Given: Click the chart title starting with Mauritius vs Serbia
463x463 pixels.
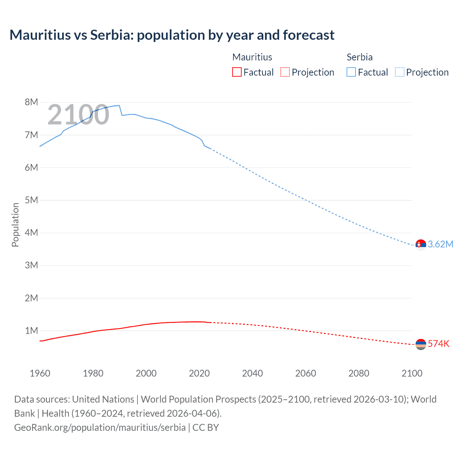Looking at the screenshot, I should pyautogui.click(x=172, y=35).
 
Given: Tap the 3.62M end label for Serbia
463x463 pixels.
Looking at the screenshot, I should pyautogui.click(x=440, y=244).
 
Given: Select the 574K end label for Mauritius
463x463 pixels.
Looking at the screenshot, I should pyautogui.click(x=438, y=344).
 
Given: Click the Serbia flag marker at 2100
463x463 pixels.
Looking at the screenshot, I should pyautogui.click(x=421, y=245).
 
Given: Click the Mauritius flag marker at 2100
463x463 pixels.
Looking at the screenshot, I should pyautogui.click(x=421, y=344).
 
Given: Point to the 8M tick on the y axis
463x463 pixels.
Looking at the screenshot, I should pyautogui.click(x=31, y=102).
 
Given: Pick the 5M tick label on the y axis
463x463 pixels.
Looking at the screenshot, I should pyautogui.click(x=31, y=200).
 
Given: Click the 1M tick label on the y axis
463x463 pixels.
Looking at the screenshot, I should pyautogui.click(x=31, y=331).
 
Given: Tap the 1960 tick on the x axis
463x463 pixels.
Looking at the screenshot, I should pyautogui.click(x=40, y=373).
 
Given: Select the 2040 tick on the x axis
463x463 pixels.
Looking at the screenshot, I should pyautogui.click(x=252, y=373).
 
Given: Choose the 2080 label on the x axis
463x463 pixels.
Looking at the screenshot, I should pyautogui.click(x=359, y=373).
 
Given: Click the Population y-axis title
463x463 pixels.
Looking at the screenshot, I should pyautogui.click(x=15, y=225).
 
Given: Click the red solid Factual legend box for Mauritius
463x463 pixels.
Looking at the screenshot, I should pyautogui.click(x=237, y=72).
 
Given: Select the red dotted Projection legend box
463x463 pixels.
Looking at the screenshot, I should pyautogui.click(x=285, y=72).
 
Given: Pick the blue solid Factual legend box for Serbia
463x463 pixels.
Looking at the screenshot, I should pyautogui.click(x=351, y=72).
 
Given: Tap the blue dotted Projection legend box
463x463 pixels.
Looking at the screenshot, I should pyautogui.click(x=400, y=72).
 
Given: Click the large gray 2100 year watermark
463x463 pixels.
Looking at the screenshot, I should pyautogui.click(x=78, y=115).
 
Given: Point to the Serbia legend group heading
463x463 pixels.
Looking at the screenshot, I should pyautogui.click(x=360, y=57).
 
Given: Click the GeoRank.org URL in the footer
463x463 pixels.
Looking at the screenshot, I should pyautogui.click(x=100, y=428).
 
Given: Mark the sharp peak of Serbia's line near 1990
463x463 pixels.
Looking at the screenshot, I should pyautogui.click(x=119, y=106).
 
